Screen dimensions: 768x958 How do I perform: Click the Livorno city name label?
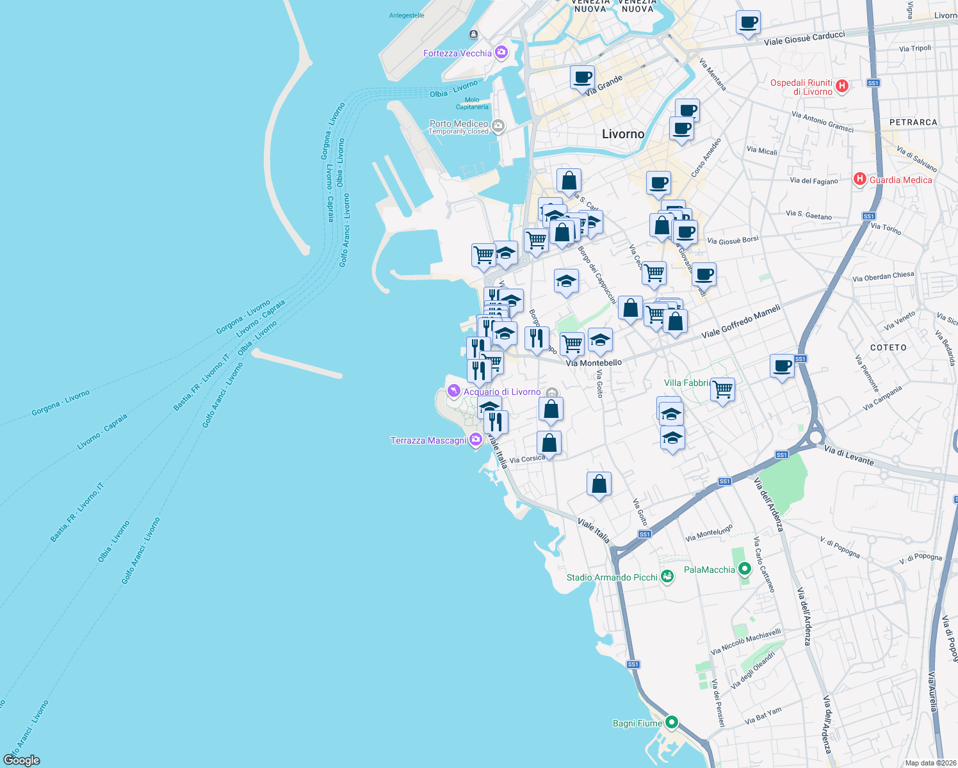pyautogui.click(x=623, y=134)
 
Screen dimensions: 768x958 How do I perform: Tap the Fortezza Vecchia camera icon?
pyautogui.click(x=501, y=52)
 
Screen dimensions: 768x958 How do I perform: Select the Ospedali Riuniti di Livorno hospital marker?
pyautogui.click(x=842, y=86)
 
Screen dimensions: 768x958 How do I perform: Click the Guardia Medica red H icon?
pyautogui.click(x=860, y=179)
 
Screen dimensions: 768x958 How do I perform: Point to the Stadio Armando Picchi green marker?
pyautogui.click(x=667, y=577)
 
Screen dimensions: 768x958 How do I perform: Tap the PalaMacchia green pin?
pyautogui.click(x=744, y=568)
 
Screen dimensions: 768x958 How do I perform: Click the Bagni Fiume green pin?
pyautogui.click(x=671, y=723)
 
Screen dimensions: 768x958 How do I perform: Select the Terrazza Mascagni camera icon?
pyautogui.click(x=475, y=440)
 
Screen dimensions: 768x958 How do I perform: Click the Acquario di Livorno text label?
pyautogui.click(x=502, y=392)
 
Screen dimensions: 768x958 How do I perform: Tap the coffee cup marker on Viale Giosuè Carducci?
pyautogui.click(x=748, y=23)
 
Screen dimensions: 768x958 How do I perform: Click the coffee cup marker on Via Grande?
pyautogui.click(x=583, y=78)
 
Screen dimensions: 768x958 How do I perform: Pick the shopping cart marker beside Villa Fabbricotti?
pyautogui.click(x=722, y=388)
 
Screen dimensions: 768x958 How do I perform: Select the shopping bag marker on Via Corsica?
pyautogui.click(x=549, y=442)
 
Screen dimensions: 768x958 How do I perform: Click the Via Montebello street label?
pyautogui.click(x=594, y=363)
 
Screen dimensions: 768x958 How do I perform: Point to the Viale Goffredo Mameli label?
pyautogui.click(x=741, y=321)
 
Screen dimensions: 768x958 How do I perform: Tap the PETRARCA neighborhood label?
pyautogui.click(x=913, y=122)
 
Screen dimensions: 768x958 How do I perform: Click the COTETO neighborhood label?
pyautogui.click(x=888, y=348)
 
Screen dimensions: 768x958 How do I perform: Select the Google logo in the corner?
pyautogui.click(x=21, y=760)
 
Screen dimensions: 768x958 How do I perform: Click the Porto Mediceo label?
pyautogui.click(x=459, y=124)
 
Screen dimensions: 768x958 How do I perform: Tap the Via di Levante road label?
pyautogui.click(x=848, y=455)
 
